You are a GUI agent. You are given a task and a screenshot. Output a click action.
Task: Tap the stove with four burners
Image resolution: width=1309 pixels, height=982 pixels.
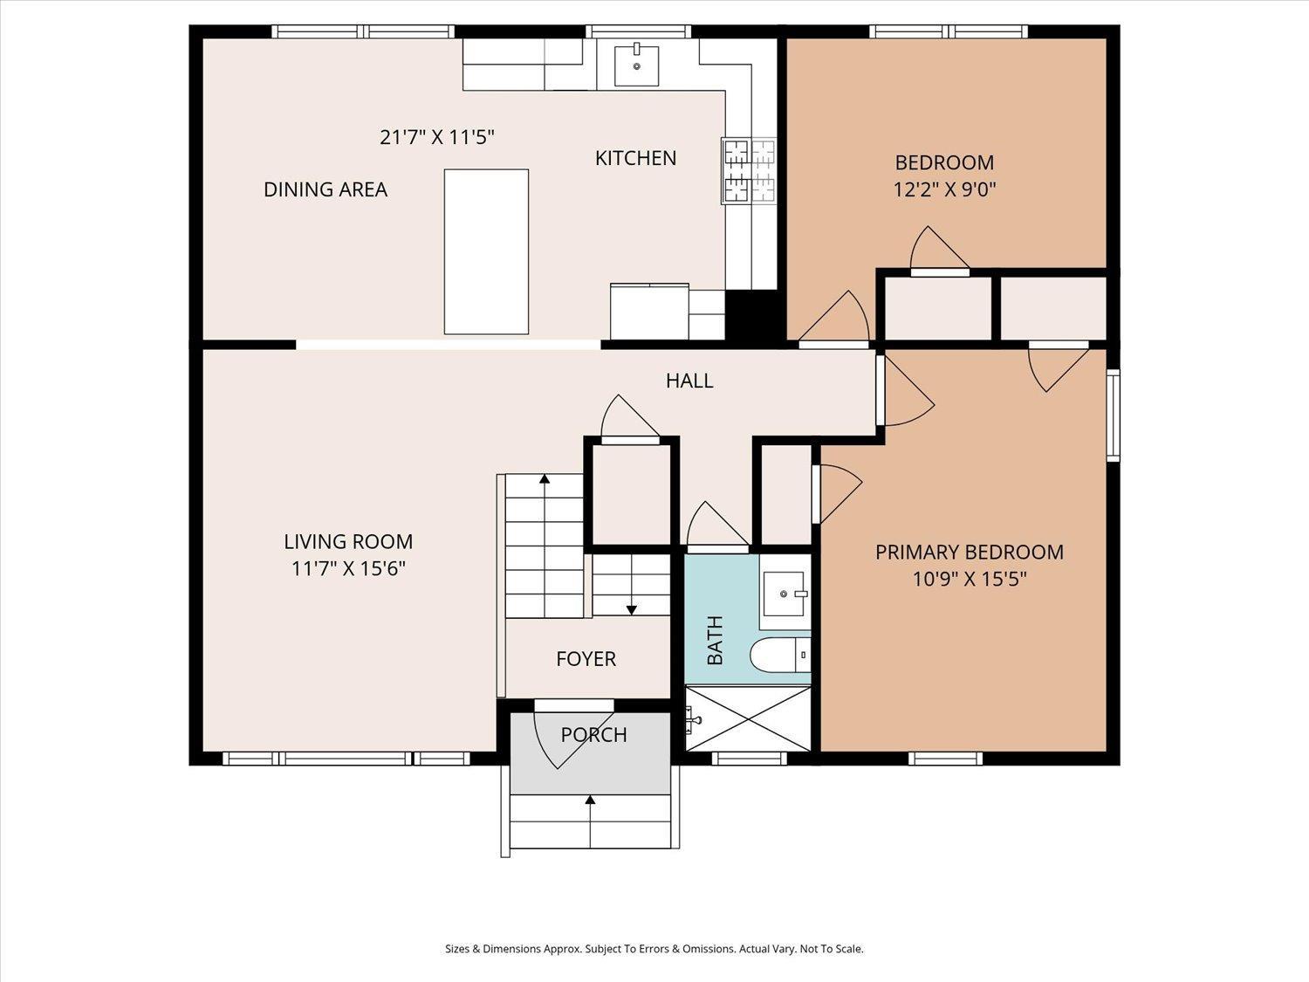tap(750, 171)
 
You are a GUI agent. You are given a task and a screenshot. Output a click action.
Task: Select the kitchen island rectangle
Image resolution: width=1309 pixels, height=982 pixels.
tap(486, 251)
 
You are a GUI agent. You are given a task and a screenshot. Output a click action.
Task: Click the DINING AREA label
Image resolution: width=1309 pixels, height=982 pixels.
tap(326, 189)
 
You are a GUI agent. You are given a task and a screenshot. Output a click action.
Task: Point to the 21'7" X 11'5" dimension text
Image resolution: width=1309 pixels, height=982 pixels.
tap(437, 137)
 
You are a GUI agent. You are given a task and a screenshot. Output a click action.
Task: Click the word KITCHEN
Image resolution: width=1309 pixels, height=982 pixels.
tap(635, 158)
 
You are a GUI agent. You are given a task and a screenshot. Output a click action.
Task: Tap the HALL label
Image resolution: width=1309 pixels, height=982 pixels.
tap(689, 381)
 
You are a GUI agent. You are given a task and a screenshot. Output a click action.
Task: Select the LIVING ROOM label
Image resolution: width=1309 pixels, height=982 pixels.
tap(348, 541)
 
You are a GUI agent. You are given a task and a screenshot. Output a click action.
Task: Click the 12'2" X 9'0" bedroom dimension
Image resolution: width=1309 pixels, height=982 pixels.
tap(944, 189)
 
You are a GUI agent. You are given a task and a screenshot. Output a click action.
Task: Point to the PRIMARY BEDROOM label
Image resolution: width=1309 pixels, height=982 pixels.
tap(969, 553)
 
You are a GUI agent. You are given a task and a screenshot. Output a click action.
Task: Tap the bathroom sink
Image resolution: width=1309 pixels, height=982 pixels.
tap(785, 594)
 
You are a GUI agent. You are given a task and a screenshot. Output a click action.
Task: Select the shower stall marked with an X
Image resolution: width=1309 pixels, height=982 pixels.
tap(748, 718)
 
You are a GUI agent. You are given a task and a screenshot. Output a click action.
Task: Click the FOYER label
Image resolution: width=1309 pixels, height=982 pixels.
tap(586, 659)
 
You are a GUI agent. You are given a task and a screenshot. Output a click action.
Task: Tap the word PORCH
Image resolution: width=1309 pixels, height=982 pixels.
tap(594, 735)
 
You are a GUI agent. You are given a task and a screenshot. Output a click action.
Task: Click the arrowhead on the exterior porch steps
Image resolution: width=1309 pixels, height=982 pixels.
tap(591, 800)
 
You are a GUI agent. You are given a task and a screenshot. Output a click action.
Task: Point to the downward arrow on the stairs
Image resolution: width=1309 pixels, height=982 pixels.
tap(631, 609)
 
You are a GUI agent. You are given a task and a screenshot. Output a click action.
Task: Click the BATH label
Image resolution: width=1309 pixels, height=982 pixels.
tap(715, 640)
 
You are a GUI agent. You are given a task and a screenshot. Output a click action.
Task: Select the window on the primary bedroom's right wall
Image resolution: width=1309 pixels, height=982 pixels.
tap(1113, 415)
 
